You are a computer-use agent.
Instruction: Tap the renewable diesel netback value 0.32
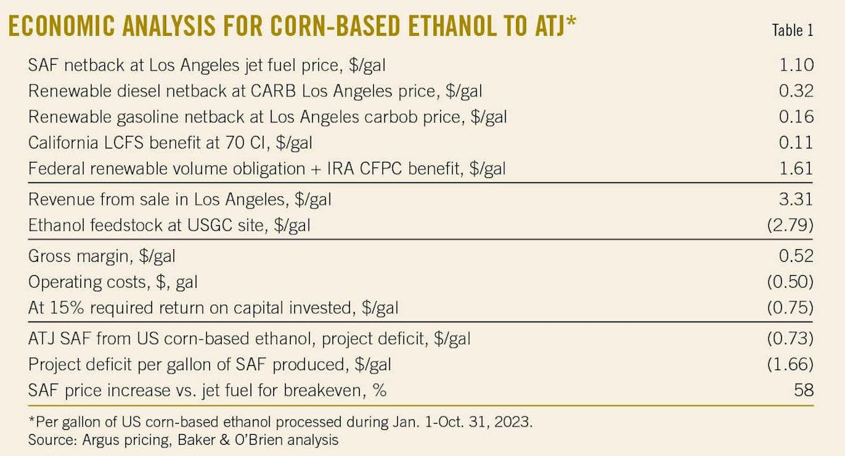798,91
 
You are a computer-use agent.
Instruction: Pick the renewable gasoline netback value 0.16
798,117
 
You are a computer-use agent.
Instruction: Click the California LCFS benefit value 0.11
799,143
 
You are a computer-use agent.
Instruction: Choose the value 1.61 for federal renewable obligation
798,169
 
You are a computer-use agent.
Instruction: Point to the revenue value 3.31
798,199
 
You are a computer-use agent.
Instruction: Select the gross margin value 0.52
798,255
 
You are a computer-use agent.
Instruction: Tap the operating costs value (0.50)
791,281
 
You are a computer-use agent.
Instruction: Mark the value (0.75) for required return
791,308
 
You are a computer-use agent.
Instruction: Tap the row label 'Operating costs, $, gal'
113,282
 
